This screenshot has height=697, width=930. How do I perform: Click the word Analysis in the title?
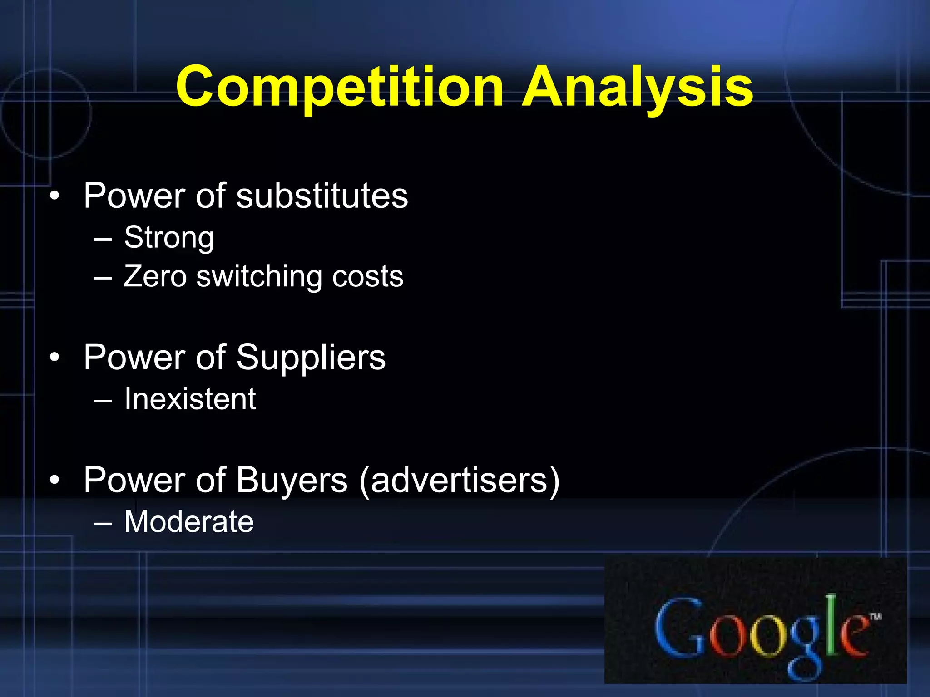pos(638,87)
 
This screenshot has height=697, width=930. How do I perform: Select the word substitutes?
pos(322,196)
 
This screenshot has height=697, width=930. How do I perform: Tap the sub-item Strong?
pos(168,237)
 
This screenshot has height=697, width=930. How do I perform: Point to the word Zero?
pos(155,276)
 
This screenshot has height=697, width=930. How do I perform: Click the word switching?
pos(259,277)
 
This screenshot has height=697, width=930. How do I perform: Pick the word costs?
pos(367,276)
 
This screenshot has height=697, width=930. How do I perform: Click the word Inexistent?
pos(190,399)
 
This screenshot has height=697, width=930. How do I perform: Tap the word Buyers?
pos(292,480)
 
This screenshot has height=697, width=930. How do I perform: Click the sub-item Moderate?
pos(189,521)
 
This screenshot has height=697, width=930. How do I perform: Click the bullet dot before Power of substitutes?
pos(54,196)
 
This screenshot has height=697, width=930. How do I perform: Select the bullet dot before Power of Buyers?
pos(54,481)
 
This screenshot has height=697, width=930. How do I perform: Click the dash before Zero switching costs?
pos(103,278)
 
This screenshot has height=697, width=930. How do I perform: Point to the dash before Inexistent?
pos(103,401)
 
